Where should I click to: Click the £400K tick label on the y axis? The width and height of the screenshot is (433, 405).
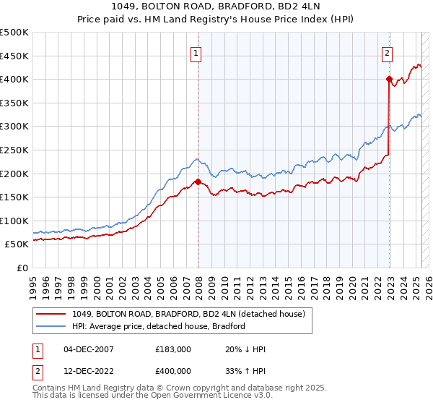coord(14,79)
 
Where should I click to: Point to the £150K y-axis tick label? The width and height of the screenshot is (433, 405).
coord(14,197)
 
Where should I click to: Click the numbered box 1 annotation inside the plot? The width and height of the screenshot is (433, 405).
coord(196,52)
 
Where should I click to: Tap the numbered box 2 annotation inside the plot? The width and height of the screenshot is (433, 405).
coord(388,52)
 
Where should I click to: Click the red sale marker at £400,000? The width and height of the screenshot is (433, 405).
coord(389,79)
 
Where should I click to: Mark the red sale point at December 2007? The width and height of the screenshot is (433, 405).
coord(198,182)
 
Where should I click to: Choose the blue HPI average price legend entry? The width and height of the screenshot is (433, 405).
coord(159,326)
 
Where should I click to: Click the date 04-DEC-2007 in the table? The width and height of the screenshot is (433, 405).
coord(89,349)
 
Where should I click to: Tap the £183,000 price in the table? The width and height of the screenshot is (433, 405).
coord(173,349)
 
